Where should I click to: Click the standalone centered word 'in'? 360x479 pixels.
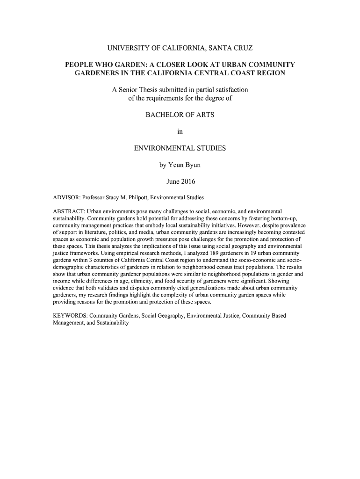pyautogui.click(x=180, y=131)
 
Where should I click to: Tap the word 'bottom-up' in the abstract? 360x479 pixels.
pyautogui.click(x=285, y=218)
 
